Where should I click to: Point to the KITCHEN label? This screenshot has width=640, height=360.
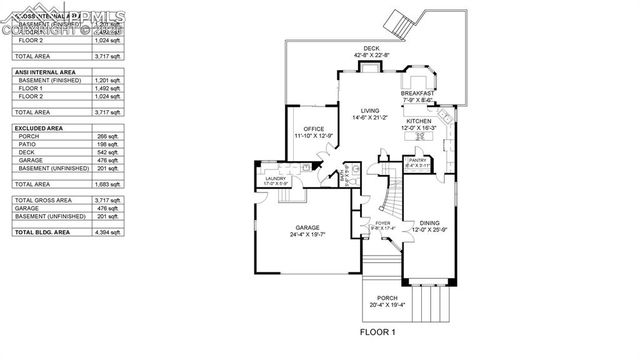(418, 121)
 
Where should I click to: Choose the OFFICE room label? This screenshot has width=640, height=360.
(313, 129)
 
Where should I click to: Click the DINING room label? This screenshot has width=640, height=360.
(429, 223)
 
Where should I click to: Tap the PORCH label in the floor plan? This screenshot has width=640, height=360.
(388, 298)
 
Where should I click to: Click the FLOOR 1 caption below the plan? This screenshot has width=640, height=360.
(378, 331)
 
